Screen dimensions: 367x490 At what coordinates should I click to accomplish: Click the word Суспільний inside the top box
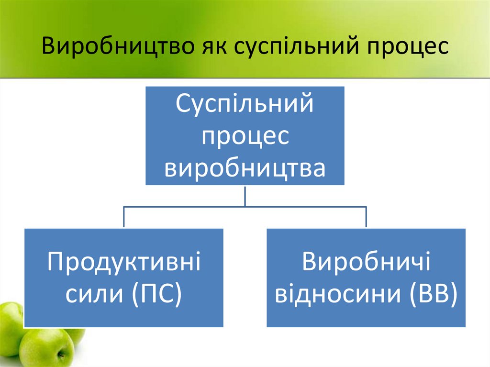tap(245, 104)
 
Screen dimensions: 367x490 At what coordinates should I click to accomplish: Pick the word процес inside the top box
tap(245, 136)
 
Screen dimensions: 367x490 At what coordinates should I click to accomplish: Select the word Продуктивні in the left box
tap(123, 263)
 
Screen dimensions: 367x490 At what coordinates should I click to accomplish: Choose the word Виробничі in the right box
tap(366, 263)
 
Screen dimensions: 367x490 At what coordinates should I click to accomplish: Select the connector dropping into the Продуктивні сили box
tap(124, 217)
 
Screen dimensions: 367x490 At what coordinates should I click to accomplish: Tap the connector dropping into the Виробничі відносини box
tap(366, 217)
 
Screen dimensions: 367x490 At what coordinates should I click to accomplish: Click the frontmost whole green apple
tap(46, 347)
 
